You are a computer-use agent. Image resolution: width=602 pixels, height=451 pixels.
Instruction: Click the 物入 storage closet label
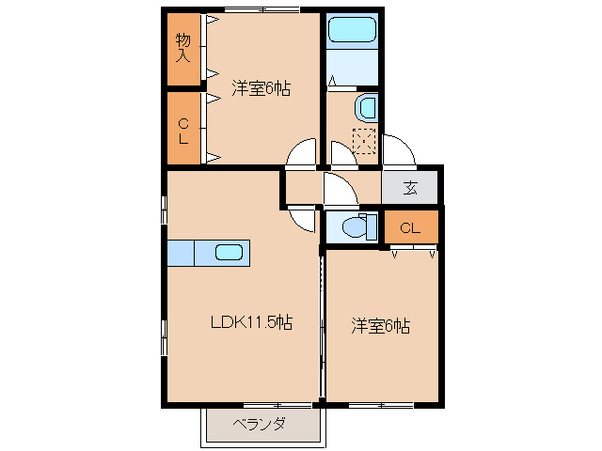click(x=183, y=48)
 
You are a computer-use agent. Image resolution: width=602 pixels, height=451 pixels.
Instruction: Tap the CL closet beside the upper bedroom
click(x=183, y=129)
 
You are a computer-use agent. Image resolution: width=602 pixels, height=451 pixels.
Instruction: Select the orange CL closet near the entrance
click(x=409, y=228)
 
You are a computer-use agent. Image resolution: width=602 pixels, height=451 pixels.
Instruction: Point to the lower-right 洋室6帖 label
click(x=380, y=326)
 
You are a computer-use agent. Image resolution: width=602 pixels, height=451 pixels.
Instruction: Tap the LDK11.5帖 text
click(x=250, y=322)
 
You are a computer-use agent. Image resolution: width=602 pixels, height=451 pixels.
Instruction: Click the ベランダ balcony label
click(x=259, y=423)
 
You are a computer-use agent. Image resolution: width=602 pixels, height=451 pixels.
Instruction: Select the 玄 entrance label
click(x=410, y=187)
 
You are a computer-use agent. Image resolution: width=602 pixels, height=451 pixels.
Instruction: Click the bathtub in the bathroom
click(x=352, y=33)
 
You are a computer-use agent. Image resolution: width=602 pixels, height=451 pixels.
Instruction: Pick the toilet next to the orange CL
click(x=356, y=226)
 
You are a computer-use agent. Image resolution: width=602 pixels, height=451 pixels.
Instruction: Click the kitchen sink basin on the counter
click(x=230, y=252)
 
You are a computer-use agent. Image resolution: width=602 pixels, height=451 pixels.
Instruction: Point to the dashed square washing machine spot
click(x=364, y=140)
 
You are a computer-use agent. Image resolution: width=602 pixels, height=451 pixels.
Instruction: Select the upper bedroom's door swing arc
click(x=304, y=153)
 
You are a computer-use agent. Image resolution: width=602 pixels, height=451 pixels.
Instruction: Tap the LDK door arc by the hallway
click(x=303, y=217)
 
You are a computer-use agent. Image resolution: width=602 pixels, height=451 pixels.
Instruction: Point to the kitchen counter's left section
click(x=181, y=253)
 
